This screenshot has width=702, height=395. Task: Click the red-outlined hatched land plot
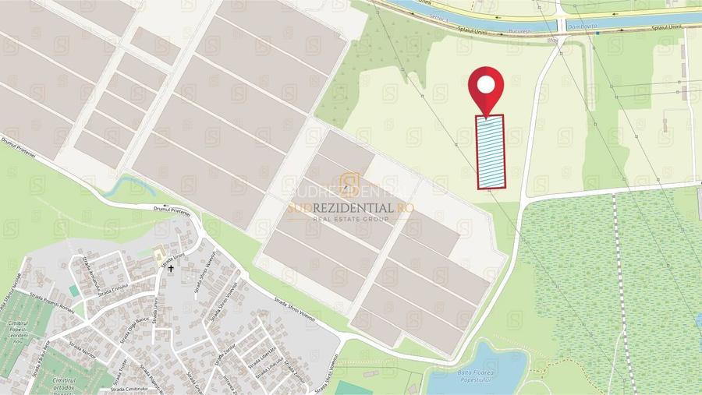[x=491, y=152]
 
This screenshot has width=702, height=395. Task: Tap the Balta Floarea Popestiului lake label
[x=470, y=377]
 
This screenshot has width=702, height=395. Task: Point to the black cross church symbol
[x=171, y=268]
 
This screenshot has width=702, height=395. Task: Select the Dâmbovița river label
[x=583, y=26]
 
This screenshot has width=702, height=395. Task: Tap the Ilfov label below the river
[x=553, y=38]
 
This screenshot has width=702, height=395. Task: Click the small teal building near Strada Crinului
[x=73, y=290]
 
